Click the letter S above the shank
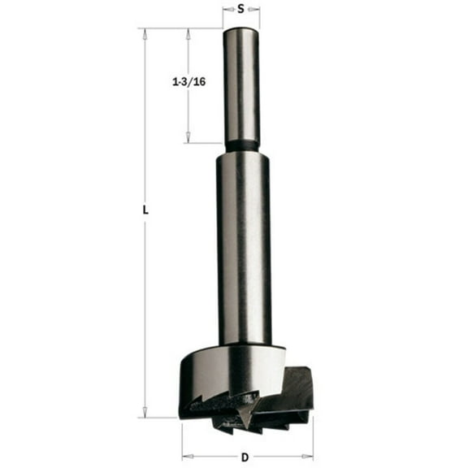(x=241, y=10)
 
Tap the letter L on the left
(x=145, y=209)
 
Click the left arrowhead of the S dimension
(x=226, y=11)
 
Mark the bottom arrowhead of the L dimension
(x=145, y=412)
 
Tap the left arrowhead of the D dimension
(x=184, y=456)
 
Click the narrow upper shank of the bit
(x=241, y=81)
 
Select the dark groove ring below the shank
(x=241, y=146)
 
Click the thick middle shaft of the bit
(x=243, y=244)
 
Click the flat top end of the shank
(x=241, y=30)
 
